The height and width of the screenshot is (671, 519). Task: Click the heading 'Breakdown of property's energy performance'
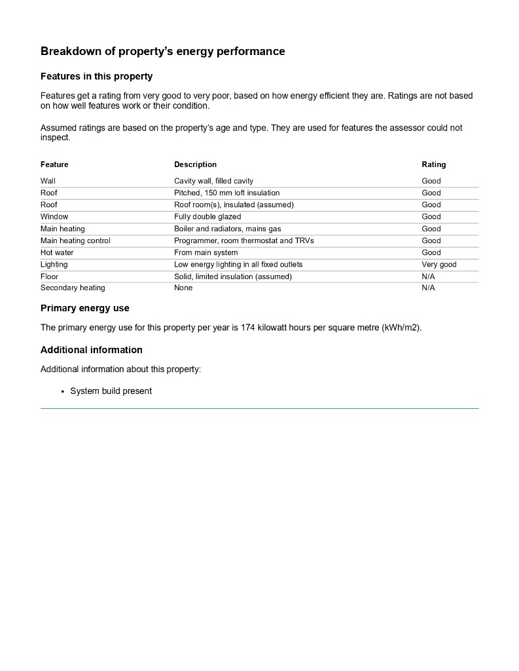point(162,51)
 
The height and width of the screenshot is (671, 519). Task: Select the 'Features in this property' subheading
point(96,77)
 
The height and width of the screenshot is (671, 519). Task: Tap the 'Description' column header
point(195,164)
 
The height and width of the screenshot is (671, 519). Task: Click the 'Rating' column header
point(433,164)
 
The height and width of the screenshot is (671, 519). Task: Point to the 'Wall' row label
point(48,181)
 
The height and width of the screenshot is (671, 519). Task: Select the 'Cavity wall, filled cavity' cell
point(213,181)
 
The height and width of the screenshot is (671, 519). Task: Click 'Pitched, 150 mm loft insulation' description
point(226,193)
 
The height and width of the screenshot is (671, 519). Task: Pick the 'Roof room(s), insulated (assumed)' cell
point(234,204)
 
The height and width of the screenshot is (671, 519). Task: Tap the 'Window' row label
point(54,216)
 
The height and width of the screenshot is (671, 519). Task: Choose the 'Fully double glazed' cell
point(207,216)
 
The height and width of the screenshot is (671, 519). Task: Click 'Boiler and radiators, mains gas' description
point(227,229)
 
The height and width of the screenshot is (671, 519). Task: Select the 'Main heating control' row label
point(75,240)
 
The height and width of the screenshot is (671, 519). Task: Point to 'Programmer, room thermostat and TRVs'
point(243,240)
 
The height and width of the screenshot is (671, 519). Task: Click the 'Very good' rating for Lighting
point(438,264)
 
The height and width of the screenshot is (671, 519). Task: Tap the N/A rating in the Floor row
point(428,277)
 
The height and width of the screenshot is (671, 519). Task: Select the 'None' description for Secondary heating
point(183,288)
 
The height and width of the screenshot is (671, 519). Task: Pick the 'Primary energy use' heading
point(85,308)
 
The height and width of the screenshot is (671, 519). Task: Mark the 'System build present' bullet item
point(111,391)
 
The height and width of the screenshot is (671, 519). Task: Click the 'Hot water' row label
point(57,252)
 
